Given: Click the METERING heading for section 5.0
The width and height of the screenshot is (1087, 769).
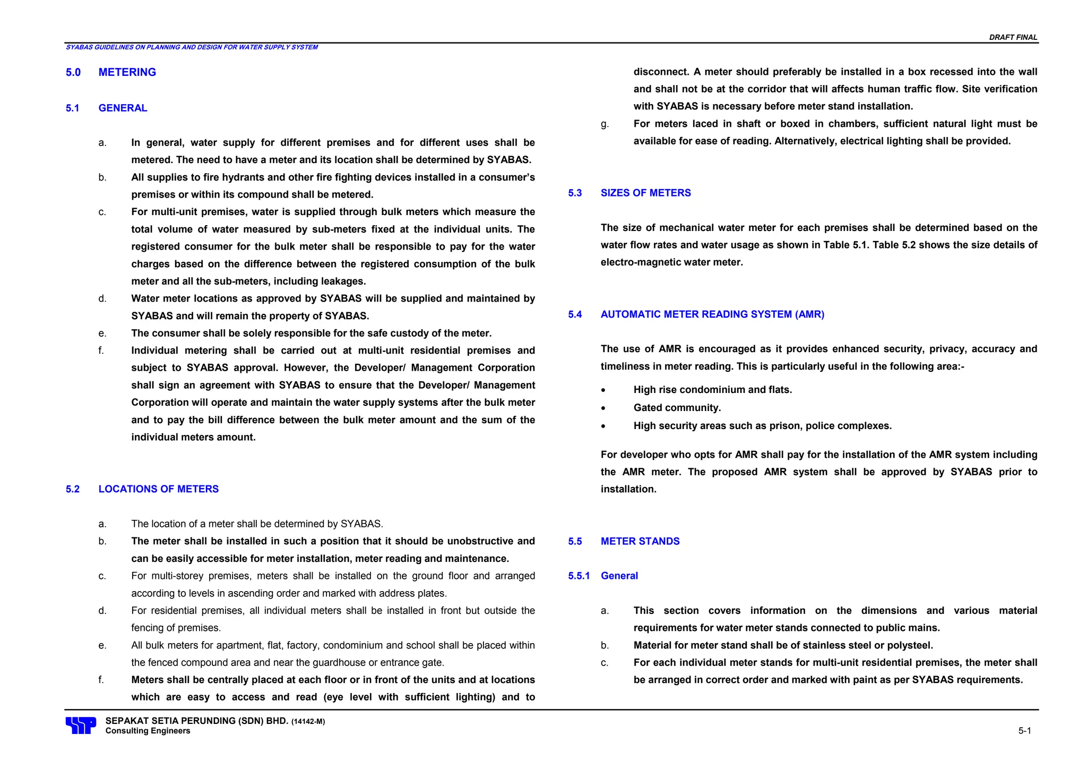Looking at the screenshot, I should coord(127,72).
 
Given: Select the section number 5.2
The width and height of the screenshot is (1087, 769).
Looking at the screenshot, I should coord(73,489).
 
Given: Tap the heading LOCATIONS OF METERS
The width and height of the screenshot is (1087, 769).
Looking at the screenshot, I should coord(158,489).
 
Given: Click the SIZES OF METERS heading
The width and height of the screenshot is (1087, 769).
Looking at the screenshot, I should coord(645,193).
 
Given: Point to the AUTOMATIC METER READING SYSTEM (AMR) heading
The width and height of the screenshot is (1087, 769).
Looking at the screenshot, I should coord(712,314).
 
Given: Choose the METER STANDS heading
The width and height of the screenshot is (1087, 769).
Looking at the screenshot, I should coord(640,541).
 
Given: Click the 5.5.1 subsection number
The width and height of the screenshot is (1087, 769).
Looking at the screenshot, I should coord(579,576).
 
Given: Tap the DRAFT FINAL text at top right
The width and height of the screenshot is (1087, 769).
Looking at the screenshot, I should coord(1013,37).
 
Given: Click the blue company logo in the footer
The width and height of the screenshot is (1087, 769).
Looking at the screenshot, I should coord(81,725).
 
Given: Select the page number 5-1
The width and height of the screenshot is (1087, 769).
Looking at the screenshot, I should coord(1024,731).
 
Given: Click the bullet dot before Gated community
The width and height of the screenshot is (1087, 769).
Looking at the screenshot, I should coord(603,408).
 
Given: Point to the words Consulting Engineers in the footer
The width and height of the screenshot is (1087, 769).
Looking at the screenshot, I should coord(148,731).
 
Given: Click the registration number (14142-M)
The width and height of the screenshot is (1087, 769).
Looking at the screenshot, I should coord(308,722).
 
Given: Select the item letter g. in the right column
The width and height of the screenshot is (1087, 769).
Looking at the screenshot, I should coord(605,124).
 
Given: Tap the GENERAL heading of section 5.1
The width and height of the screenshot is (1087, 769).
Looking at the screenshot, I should coord(123,108).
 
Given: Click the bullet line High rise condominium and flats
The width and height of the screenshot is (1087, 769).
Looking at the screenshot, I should coord(712,390).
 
